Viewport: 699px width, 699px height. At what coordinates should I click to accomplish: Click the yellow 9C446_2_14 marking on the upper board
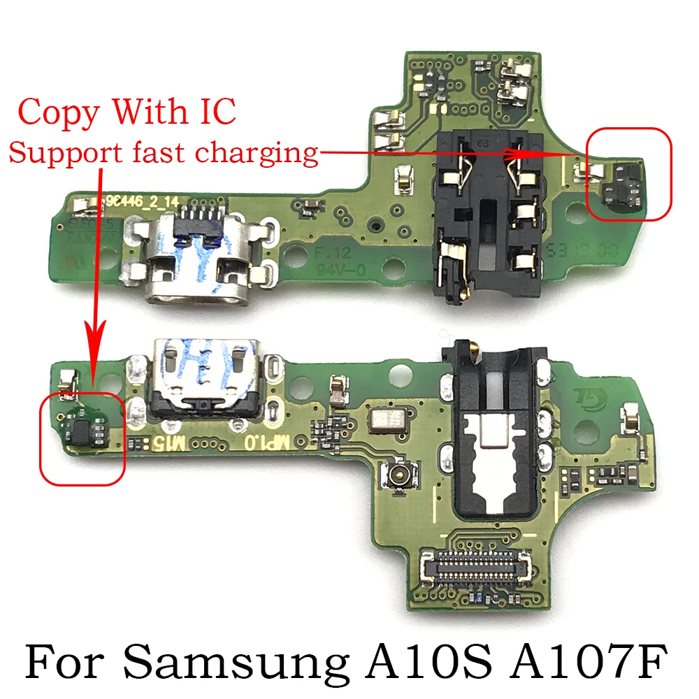143,201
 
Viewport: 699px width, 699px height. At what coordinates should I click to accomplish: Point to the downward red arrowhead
96,343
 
